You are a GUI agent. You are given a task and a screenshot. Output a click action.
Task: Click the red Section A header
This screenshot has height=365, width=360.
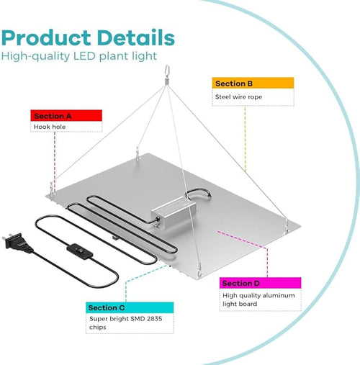pos(66,116)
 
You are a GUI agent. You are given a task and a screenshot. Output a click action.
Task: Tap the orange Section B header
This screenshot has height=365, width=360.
pos(253,83)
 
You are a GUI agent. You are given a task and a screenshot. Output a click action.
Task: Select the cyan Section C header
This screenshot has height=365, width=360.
pos(130,307)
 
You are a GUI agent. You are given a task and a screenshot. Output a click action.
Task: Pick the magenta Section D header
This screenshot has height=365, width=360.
pos(261,283)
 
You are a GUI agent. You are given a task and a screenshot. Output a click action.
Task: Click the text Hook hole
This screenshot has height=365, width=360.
pos(50,127)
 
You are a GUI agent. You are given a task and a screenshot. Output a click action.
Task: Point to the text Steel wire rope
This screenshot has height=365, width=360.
pos(238,97)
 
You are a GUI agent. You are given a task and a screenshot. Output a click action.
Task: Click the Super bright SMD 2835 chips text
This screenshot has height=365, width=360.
pos(125,323)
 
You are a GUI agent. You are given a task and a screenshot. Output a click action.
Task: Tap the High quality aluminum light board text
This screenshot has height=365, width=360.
pos(258,299)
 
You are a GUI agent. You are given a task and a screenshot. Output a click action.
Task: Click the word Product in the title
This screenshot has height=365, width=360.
pos(46,38)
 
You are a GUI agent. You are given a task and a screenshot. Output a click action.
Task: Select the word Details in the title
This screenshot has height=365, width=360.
pos(136,37)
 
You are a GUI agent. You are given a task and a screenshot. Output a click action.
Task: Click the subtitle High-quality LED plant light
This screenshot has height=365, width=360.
pos(79,57)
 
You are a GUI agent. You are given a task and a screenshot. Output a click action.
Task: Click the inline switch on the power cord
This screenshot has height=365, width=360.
pos(79,251)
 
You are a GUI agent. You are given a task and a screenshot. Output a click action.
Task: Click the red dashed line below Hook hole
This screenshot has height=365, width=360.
pos(55,161)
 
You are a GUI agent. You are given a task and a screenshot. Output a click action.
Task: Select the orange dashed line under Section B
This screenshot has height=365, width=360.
pos(245,139)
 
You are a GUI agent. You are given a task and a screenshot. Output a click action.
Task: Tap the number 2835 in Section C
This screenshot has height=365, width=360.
pos(154,319)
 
